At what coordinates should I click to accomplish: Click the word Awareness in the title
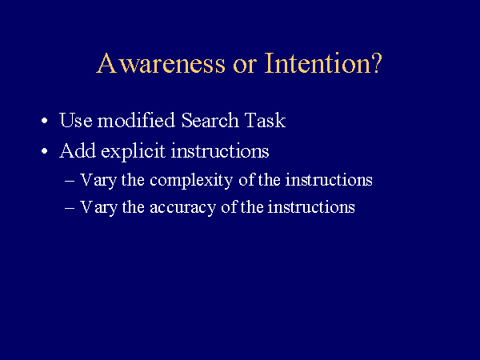click(x=161, y=63)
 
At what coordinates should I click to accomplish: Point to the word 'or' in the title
click(x=245, y=66)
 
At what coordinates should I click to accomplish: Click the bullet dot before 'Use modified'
click(x=45, y=121)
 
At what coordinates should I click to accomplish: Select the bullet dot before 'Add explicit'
click(x=45, y=151)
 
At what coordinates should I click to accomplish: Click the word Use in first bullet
click(x=76, y=120)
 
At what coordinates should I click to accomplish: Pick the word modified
click(x=136, y=120)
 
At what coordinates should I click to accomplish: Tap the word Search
click(x=210, y=120)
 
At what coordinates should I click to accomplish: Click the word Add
click(x=78, y=150)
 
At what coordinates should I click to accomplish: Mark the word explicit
click(x=133, y=151)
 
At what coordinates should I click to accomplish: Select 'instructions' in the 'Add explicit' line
click(x=220, y=151)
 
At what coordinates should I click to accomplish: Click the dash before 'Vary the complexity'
click(x=70, y=182)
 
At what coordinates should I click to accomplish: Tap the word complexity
click(x=191, y=181)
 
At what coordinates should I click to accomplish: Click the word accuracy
click(x=182, y=208)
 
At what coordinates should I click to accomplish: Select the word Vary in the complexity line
click(x=98, y=181)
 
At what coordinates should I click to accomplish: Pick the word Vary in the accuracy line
click(x=98, y=208)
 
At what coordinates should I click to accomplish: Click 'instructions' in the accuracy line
click(x=311, y=207)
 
